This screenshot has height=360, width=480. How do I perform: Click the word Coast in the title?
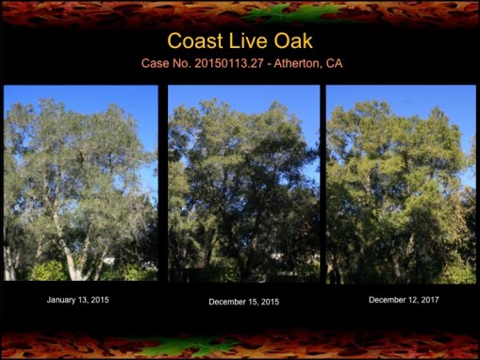(x=196, y=41)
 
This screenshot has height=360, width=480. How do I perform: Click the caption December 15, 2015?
(x=243, y=302)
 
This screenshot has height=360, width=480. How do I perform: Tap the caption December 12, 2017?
(x=403, y=300)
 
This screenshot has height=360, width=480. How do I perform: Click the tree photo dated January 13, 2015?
(x=81, y=183)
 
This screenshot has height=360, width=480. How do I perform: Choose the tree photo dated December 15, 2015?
(x=243, y=183)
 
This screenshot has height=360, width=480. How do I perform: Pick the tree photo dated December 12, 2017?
(x=401, y=183)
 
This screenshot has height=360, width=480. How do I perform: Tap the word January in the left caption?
(x=63, y=300)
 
